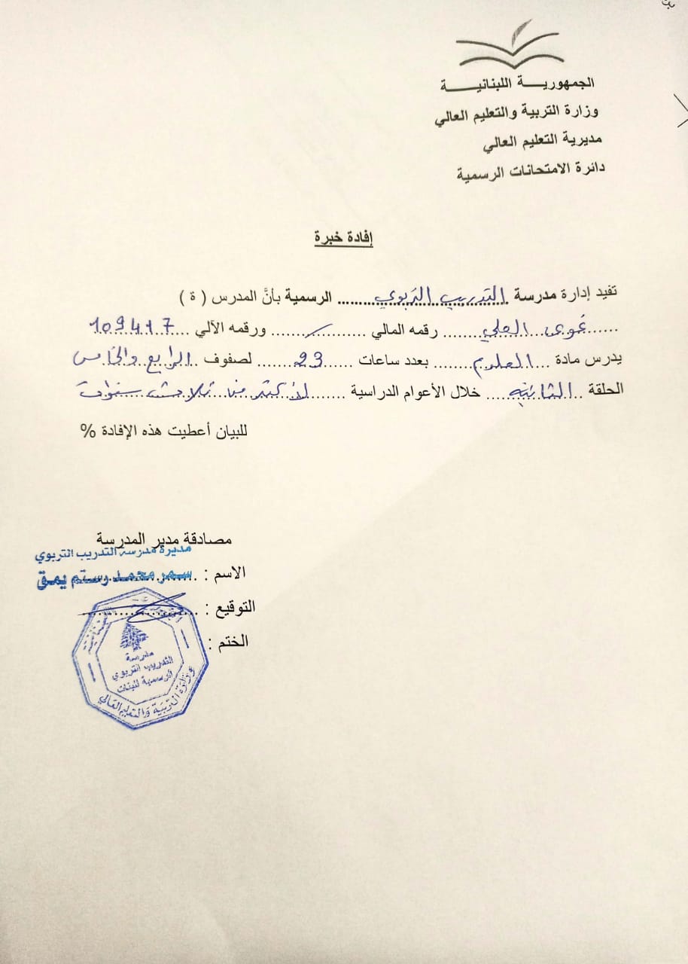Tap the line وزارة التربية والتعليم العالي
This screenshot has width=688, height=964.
pos(517,114)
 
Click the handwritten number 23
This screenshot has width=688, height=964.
pos(309,361)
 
